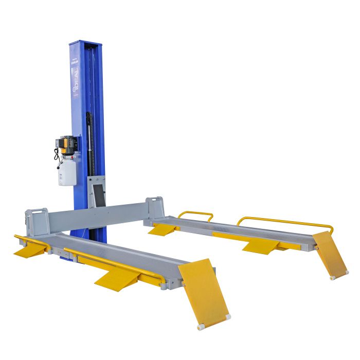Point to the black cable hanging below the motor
coord(57,154)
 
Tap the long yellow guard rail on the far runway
coord(286,222)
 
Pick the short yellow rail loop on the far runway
coord(196,214)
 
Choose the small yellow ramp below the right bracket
coord(162,229)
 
